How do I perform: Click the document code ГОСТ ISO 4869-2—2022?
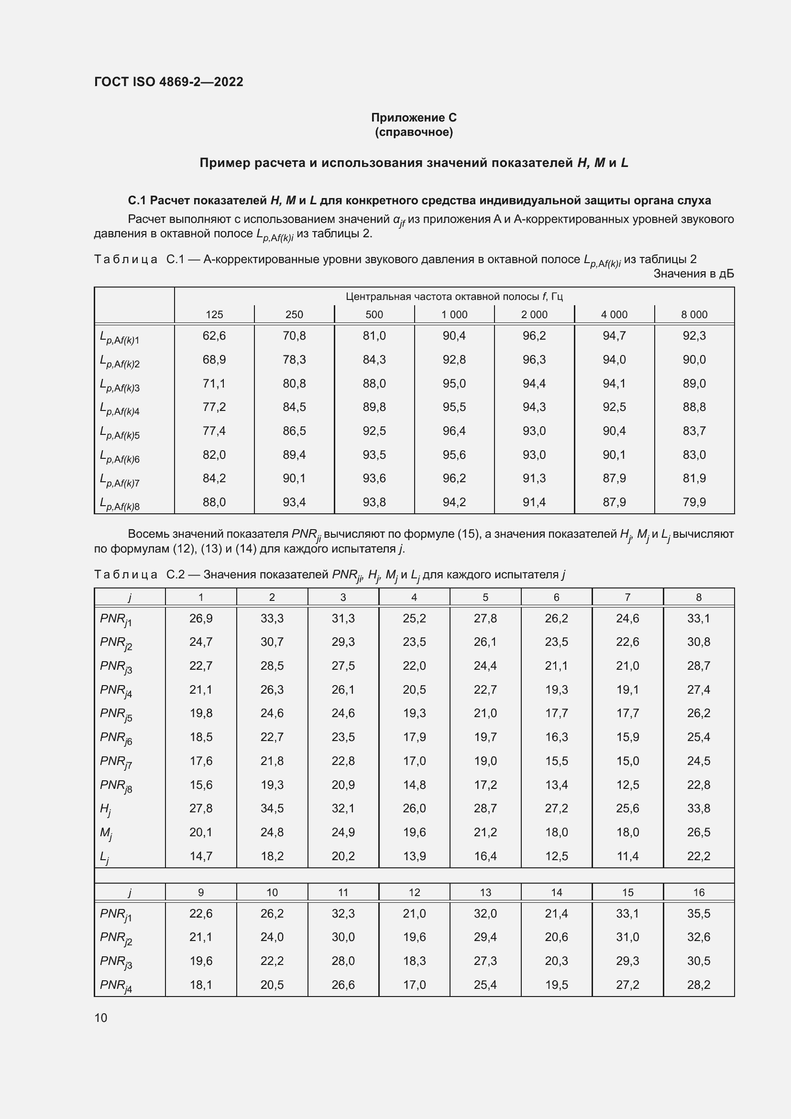pos(168,82)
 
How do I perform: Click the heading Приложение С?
pos(414,118)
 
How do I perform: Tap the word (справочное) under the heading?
pos(414,132)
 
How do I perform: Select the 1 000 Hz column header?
pos(454,315)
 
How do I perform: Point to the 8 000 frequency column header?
pos(693,315)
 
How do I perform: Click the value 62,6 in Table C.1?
pos(214,336)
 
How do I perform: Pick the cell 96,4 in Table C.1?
pos(454,431)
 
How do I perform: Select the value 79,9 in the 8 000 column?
pos(693,502)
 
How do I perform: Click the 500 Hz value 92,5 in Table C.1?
pos(374,431)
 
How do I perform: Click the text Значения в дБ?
pos(693,274)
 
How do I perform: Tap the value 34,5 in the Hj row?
pos(272,809)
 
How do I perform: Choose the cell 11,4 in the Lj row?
pos(627,856)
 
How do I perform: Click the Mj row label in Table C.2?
pos(106,833)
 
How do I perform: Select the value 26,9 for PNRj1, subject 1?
pos(201,619)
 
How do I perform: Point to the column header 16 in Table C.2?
pos(698,892)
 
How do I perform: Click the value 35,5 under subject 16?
pos(698,913)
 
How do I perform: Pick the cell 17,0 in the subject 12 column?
pos(414,985)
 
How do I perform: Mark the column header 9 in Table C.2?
pos(201,892)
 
